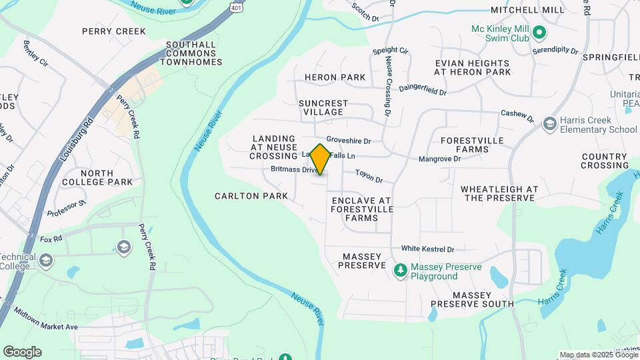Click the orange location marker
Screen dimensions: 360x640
click(321, 159)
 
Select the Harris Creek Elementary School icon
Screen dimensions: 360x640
click(549, 124)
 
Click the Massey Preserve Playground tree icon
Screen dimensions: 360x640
click(400, 271)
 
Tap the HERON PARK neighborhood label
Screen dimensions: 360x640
click(335, 77)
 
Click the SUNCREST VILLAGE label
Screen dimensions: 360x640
click(323, 108)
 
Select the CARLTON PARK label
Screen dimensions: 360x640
click(251, 196)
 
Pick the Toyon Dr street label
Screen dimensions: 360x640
click(369, 176)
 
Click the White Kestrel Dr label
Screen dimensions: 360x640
click(427, 249)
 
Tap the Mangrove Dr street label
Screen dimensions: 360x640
click(439, 159)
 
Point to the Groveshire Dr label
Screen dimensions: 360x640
click(348, 141)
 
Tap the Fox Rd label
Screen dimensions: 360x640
click(51, 238)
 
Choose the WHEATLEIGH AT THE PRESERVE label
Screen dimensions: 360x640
click(499, 193)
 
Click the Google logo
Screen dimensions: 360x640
click(22, 352)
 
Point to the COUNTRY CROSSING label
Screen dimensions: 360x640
click(605, 161)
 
